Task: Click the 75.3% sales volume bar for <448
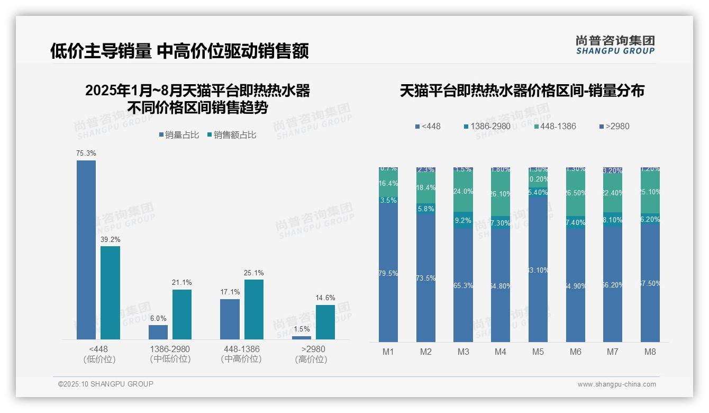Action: point(86,249)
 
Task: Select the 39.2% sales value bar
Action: point(110,292)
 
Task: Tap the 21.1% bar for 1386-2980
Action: point(182,314)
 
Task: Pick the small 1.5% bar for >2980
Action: point(302,337)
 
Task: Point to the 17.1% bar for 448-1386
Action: point(230,319)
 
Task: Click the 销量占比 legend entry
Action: point(179,135)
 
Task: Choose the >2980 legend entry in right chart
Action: point(614,127)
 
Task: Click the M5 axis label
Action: point(538,352)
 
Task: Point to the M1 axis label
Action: point(388,352)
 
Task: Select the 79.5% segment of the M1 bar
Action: point(388,273)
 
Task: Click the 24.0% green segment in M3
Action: point(463,192)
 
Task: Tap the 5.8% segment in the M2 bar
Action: point(425,209)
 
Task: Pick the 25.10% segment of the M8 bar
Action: point(650,192)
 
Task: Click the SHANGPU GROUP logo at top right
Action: point(615,45)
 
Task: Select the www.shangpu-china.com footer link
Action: point(616,384)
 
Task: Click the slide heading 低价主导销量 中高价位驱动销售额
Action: point(179,51)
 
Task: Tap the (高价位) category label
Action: point(311,360)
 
